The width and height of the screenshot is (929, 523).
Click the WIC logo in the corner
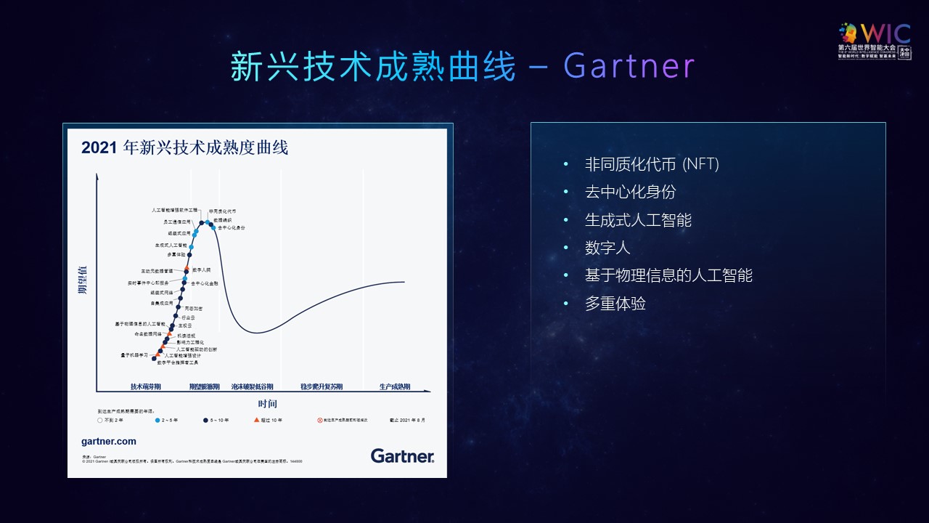874,41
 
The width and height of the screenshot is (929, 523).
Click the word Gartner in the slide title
629,67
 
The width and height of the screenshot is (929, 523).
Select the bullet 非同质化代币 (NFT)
651,164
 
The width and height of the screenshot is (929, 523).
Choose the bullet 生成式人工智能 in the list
638,219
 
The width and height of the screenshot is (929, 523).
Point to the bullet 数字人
607,248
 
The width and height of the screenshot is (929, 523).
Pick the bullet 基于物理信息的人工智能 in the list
668,275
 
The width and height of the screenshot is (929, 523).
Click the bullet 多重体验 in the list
615,303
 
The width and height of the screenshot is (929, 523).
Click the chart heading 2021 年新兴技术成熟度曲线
184,147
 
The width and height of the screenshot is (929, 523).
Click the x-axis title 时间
267,404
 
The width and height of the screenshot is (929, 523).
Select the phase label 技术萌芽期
145,386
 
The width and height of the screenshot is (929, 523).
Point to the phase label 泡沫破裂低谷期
252,386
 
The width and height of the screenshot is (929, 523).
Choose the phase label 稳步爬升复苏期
322,386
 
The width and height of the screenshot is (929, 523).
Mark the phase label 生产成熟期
395,386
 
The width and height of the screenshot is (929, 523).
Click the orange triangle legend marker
256,420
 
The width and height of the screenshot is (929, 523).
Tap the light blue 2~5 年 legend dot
157,420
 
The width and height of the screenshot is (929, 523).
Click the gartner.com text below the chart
109,441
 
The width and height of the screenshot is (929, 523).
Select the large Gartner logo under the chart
402,455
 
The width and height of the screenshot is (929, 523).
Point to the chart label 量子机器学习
134,354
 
